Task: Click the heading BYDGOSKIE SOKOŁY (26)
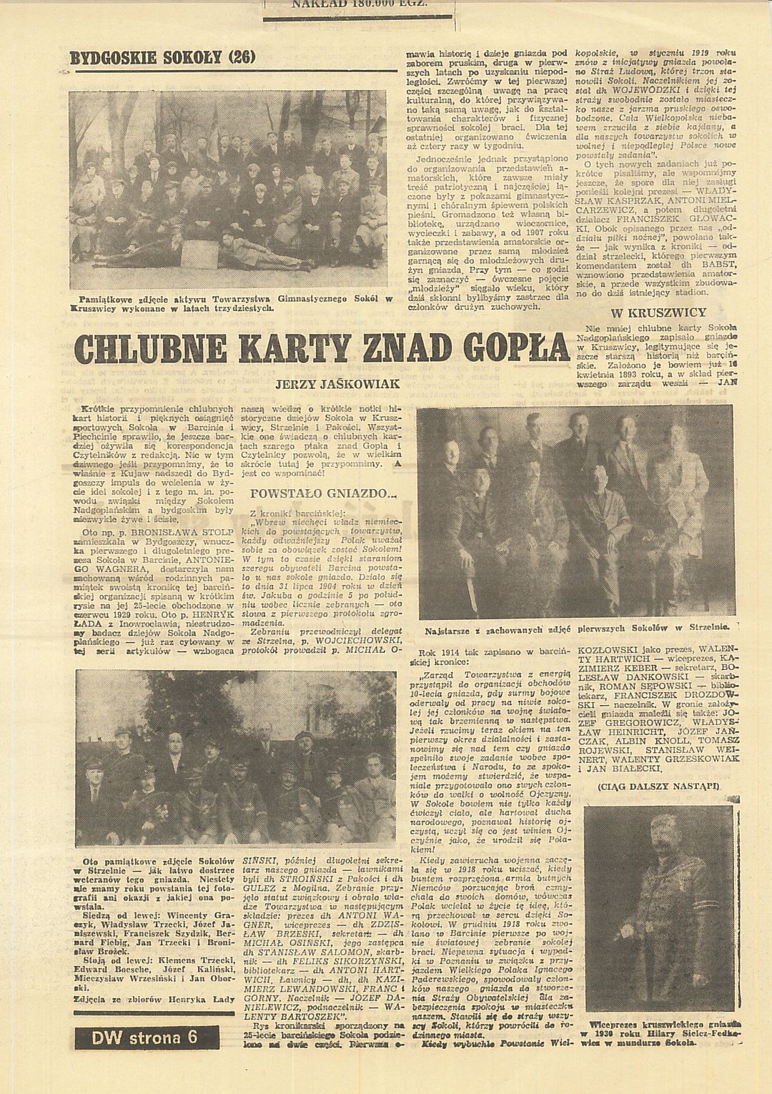[162, 57]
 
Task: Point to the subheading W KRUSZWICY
[658, 312]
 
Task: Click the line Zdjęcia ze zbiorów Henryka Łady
[154, 999]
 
